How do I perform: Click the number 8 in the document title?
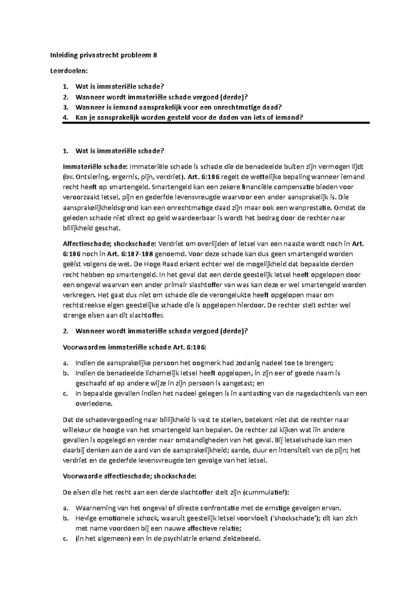point(155,55)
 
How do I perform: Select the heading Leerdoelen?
point(75,71)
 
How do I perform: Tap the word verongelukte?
point(232,295)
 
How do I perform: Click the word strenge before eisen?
point(74,315)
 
